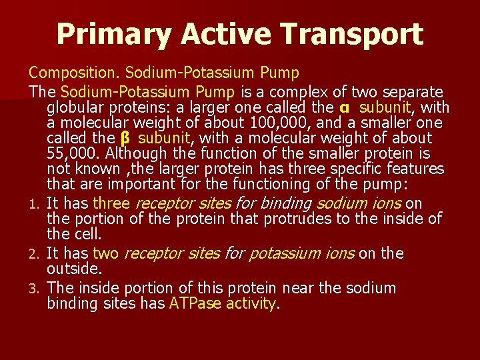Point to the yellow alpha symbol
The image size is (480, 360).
pyautogui.click(x=345, y=108)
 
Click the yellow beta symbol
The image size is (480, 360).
pyautogui.click(x=125, y=139)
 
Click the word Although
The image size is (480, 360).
pyautogui.click(x=136, y=154)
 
